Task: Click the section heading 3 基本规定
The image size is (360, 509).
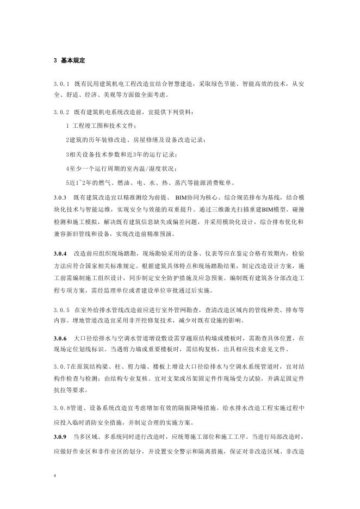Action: (71, 60)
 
